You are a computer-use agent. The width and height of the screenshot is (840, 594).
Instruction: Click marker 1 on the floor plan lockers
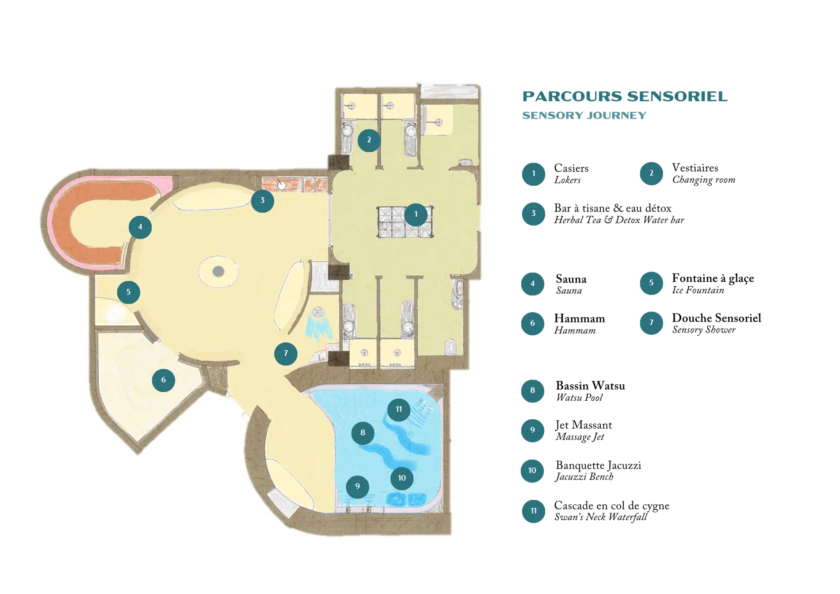click(x=416, y=215)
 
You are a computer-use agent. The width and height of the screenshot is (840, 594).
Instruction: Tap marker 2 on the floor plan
click(x=369, y=140)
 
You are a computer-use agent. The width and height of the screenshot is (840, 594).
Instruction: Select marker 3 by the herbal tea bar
click(x=262, y=200)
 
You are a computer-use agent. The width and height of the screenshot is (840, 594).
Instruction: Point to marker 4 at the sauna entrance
click(x=140, y=227)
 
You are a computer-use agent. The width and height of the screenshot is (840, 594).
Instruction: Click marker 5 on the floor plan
click(x=129, y=292)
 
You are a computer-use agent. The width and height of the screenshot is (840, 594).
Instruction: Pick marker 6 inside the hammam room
click(x=164, y=380)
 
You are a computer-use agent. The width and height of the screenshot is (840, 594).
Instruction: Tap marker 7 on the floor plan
click(x=286, y=353)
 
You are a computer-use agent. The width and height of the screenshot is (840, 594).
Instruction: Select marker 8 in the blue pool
click(x=363, y=433)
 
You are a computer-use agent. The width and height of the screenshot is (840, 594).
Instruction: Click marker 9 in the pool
click(x=357, y=487)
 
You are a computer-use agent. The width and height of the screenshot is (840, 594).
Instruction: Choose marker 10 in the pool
click(x=402, y=478)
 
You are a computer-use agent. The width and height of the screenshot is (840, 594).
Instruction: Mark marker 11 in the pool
click(x=399, y=409)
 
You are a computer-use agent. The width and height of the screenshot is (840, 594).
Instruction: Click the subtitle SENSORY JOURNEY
click(x=584, y=115)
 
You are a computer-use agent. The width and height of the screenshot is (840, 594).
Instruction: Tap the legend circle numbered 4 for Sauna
click(x=533, y=284)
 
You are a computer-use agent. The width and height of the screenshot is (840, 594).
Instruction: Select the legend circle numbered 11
click(x=534, y=511)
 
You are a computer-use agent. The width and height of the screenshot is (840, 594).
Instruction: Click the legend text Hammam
click(x=580, y=318)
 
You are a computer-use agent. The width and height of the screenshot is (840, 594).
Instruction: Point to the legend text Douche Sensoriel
click(x=717, y=318)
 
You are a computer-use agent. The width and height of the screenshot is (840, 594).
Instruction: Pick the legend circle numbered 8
click(x=533, y=390)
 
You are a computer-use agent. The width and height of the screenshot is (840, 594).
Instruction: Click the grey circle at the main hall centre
click(x=218, y=271)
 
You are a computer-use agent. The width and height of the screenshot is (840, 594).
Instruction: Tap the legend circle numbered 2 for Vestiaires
click(x=651, y=173)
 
